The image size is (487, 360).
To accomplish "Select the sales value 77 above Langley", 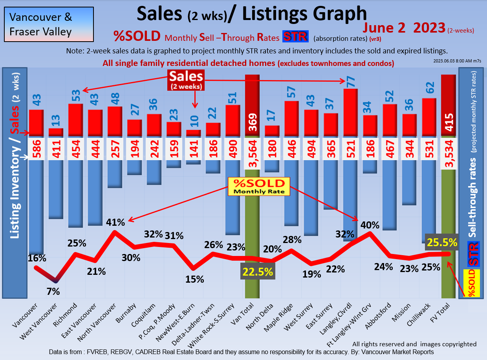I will pos(350,81).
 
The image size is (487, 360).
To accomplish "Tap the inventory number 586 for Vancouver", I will pos(36,149).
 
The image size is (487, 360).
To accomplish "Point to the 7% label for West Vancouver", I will pos(53,291).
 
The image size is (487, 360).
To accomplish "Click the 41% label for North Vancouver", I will pos(115,222).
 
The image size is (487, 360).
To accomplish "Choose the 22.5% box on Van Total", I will pos(258,272).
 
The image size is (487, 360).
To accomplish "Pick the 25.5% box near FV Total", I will pos(442,243).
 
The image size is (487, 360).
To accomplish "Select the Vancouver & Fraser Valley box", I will pos(49,24).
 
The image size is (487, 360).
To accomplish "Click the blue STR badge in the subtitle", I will pos(295,37).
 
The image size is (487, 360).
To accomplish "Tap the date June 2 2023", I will pos(404,27).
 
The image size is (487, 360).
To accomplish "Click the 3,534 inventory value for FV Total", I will pos(449,149).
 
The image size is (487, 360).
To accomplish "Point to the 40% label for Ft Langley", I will pos(370,225).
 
